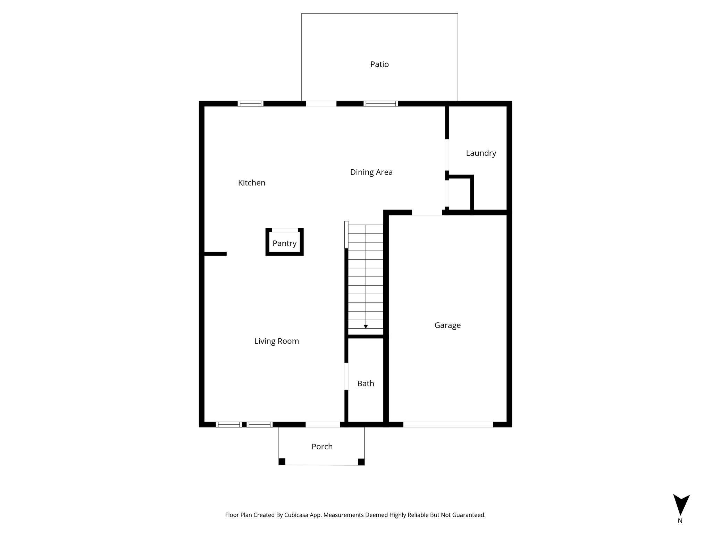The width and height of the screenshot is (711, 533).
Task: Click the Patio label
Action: point(379,64)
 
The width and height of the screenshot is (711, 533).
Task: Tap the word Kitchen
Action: point(252,183)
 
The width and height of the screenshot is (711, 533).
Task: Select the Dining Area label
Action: point(371,172)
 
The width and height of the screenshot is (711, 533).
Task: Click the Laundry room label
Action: point(481,153)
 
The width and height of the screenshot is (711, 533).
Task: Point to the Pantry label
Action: point(284,243)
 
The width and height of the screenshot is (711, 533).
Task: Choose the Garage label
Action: point(447,325)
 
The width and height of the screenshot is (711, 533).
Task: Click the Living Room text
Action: point(276,341)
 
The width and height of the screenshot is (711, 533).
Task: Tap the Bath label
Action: point(366,383)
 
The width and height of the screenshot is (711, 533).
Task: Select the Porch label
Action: point(322,447)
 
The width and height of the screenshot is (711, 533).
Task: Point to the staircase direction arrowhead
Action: point(366,327)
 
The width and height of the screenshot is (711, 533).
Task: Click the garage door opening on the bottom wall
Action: point(448,424)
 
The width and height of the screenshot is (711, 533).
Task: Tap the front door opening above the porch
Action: point(323,424)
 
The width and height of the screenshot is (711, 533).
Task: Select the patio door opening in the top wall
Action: point(321,103)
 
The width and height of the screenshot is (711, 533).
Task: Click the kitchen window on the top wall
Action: point(250,103)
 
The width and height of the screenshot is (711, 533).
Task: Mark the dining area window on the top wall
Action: point(380,103)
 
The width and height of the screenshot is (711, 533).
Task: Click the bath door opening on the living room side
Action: point(346,376)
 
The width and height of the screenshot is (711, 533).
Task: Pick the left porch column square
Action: point(282,462)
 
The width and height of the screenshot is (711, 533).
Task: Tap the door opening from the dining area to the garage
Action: point(427,212)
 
